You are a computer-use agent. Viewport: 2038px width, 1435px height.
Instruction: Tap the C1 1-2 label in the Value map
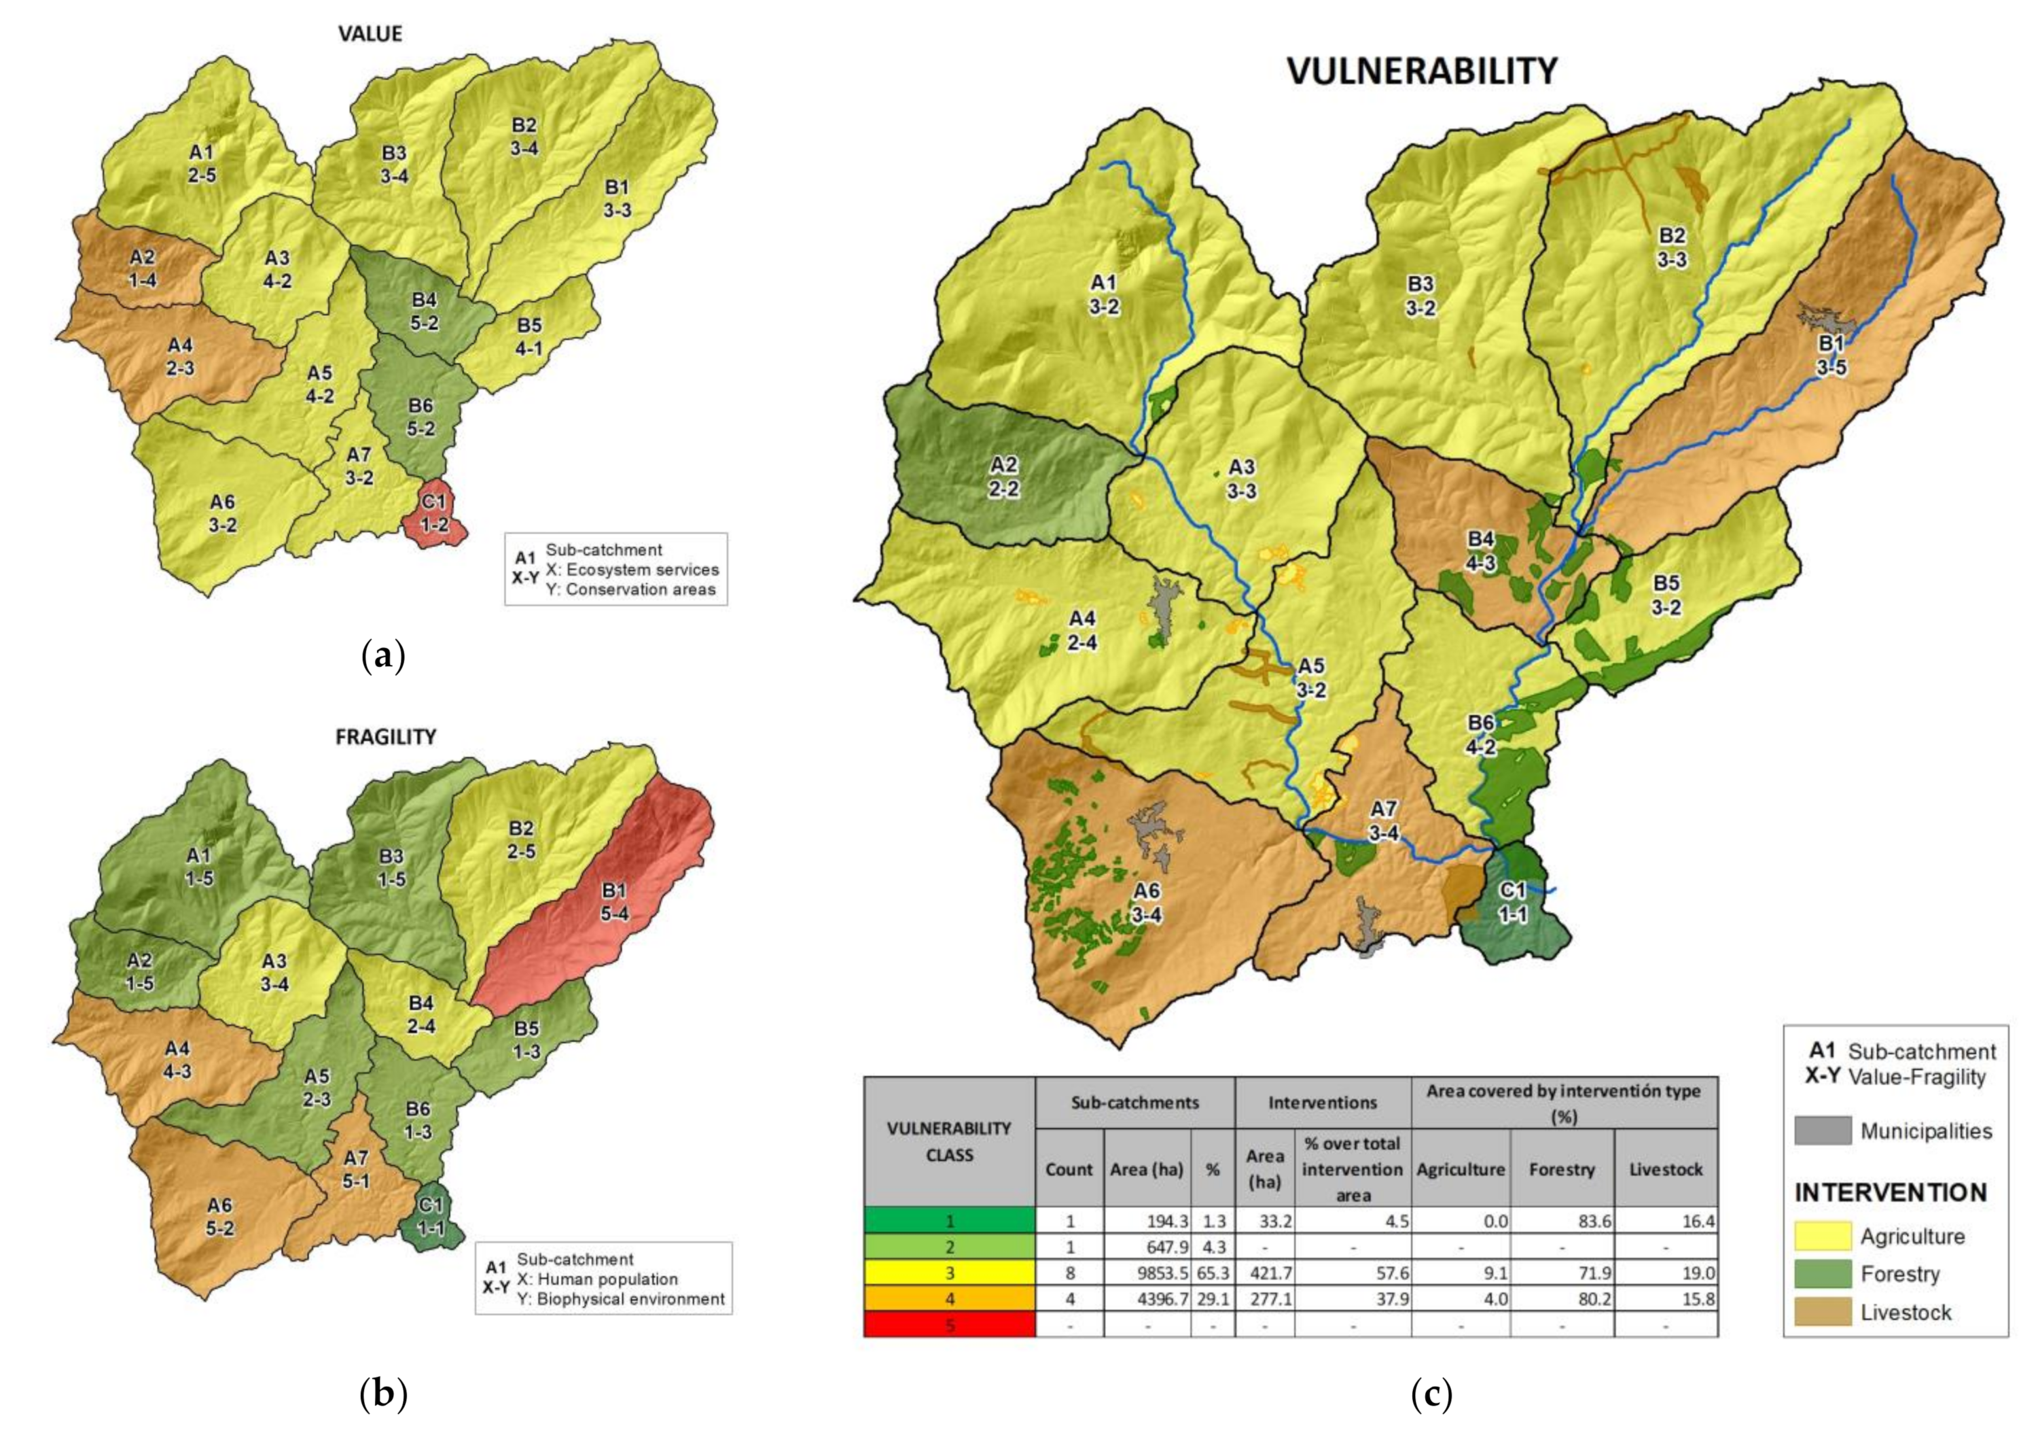(x=434, y=513)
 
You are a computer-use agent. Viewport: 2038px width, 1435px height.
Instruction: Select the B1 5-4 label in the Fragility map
(x=614, y=901)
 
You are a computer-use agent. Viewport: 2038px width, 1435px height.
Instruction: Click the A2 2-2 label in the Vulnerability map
(x=1004, y=477)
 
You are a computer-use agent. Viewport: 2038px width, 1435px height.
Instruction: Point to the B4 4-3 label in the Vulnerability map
(x=1480, y=551)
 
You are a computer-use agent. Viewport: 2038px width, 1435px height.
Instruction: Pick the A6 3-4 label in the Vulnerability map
(x=1147, y=902)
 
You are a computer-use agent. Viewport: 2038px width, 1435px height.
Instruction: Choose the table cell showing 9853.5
(x=1147, y=1273)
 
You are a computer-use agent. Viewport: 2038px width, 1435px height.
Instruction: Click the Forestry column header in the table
(x=1561, y=1169)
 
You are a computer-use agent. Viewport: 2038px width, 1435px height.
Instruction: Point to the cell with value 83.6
(x=1561, y=1221)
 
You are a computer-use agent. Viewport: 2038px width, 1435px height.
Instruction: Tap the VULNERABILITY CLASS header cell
(x=949, y=1142)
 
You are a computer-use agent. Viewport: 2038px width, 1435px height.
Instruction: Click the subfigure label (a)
(x=383, y=657)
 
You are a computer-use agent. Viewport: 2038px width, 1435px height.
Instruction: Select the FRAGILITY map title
(x=385, y=737)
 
